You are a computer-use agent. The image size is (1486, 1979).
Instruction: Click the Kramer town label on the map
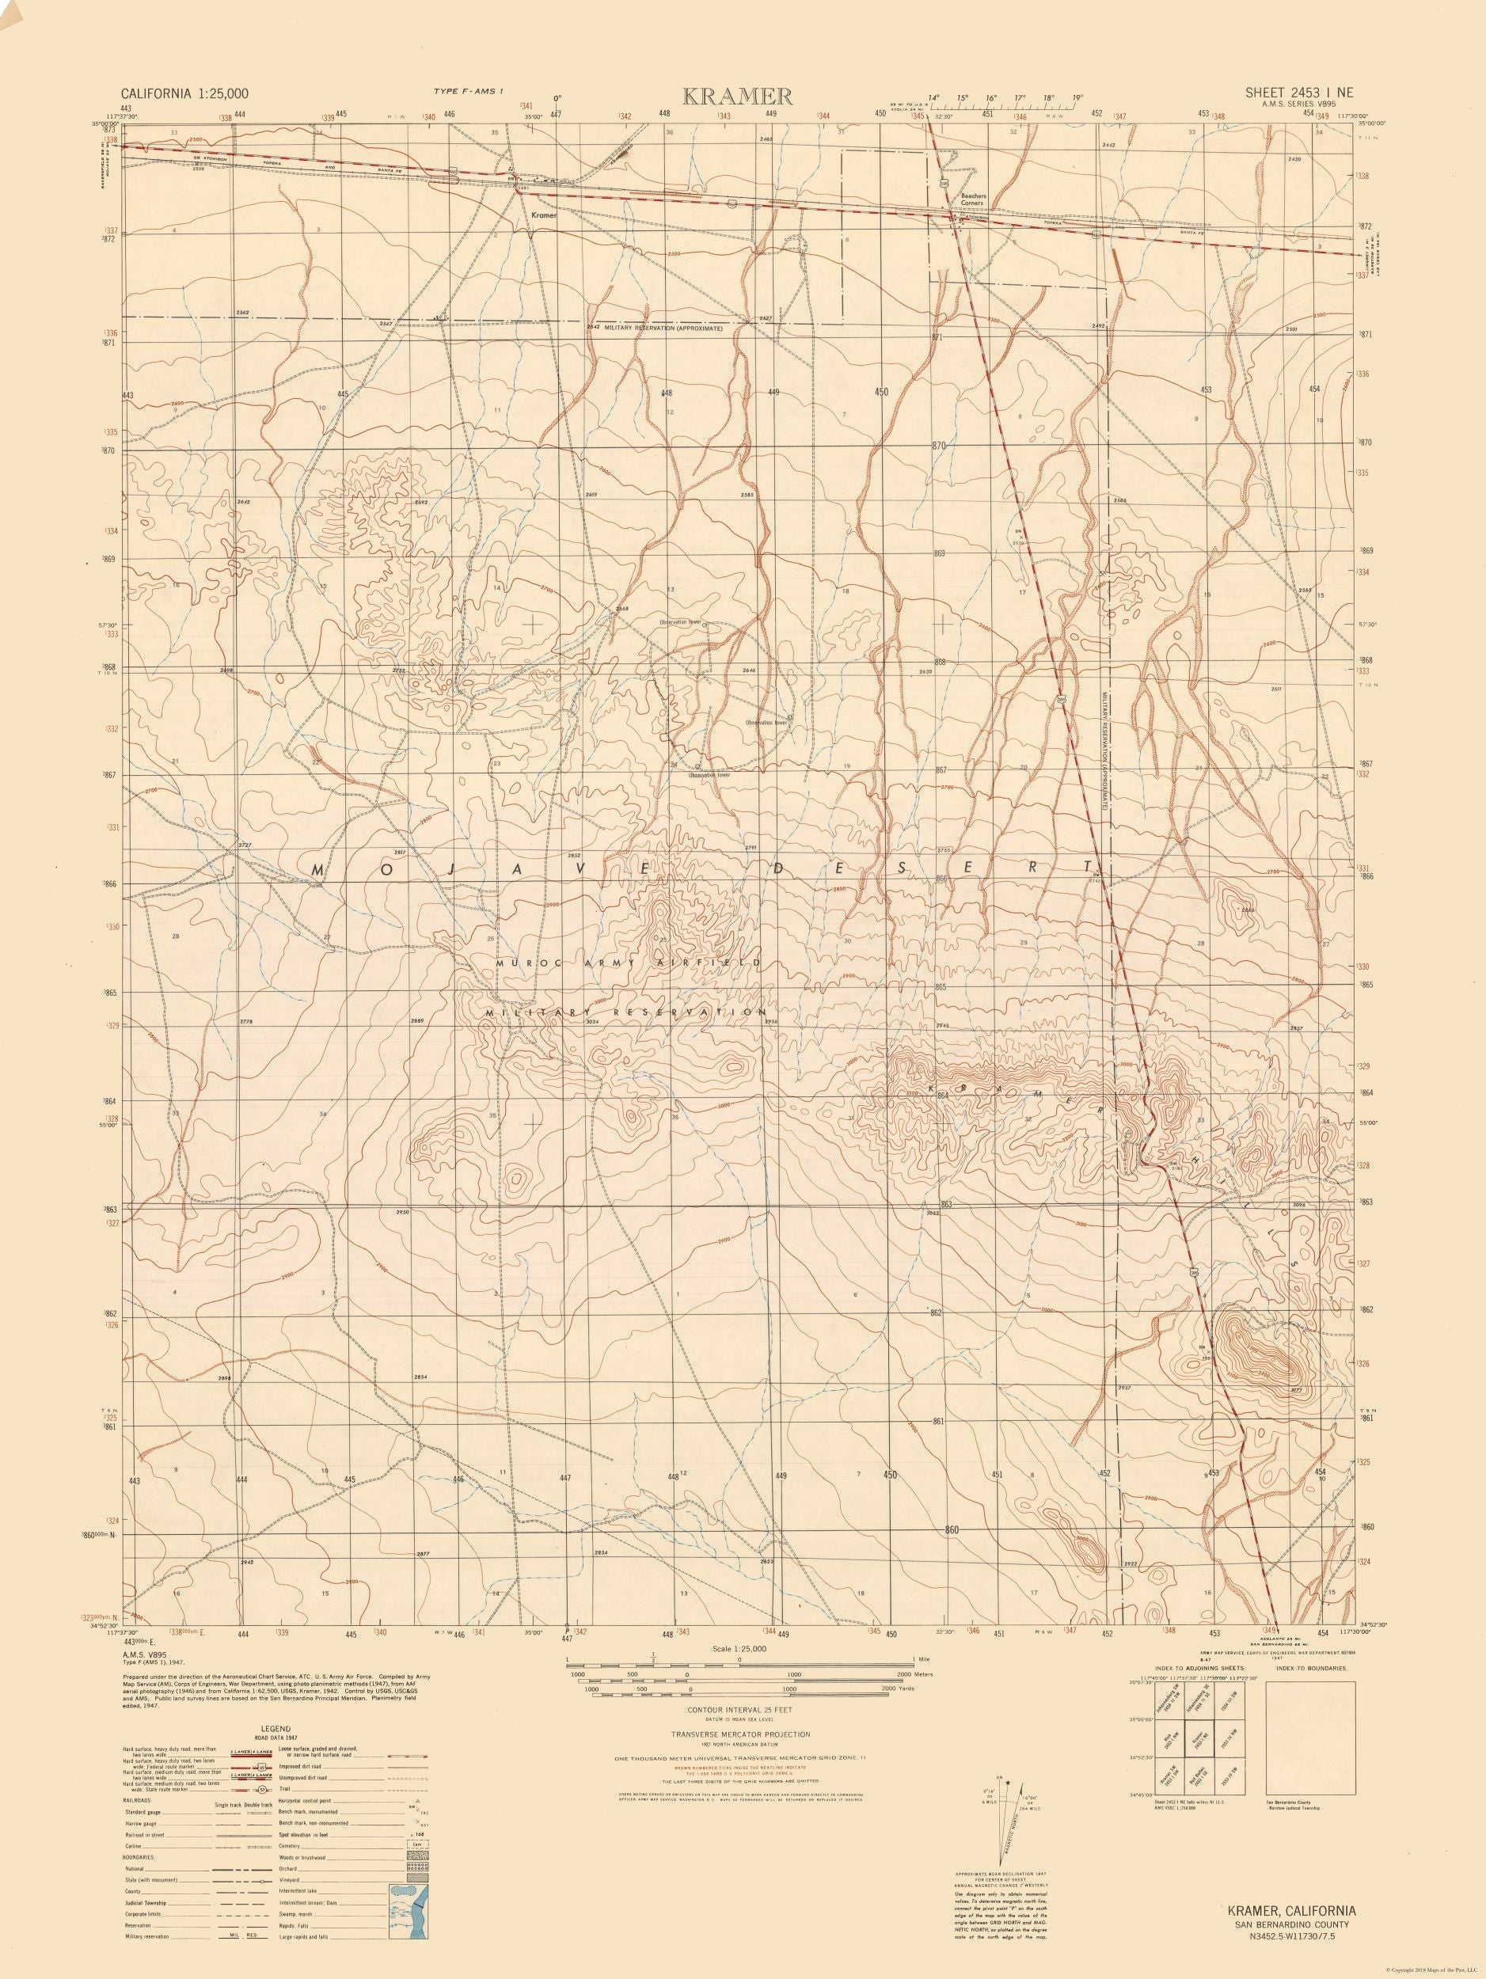(x=543, y=215)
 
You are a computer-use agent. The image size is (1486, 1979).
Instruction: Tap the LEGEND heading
(x=276, y=1729)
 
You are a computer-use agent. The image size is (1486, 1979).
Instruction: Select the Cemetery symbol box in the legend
(x=417, y=1844)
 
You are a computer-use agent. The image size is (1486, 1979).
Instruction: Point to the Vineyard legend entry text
(x=290, y=1880)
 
